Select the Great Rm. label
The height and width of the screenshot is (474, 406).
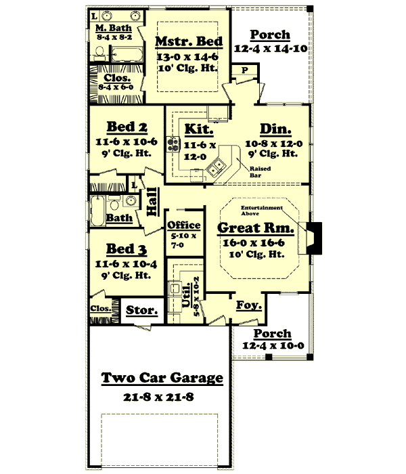[x=250, y=229]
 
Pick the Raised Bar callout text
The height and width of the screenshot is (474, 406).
[x=260, y=171]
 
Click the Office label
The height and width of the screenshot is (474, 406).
[x=184, y=225]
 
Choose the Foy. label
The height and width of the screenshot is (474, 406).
[x=245, y=305]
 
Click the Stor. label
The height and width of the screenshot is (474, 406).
[x=142, y=311]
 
